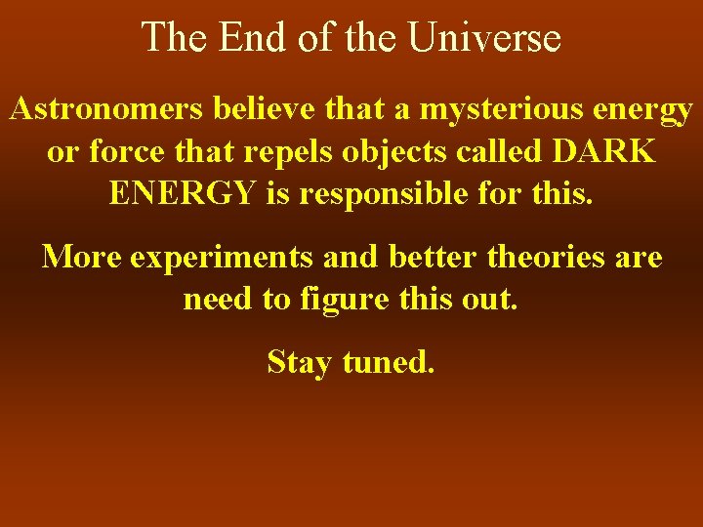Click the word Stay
click(x=301, y=362)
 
